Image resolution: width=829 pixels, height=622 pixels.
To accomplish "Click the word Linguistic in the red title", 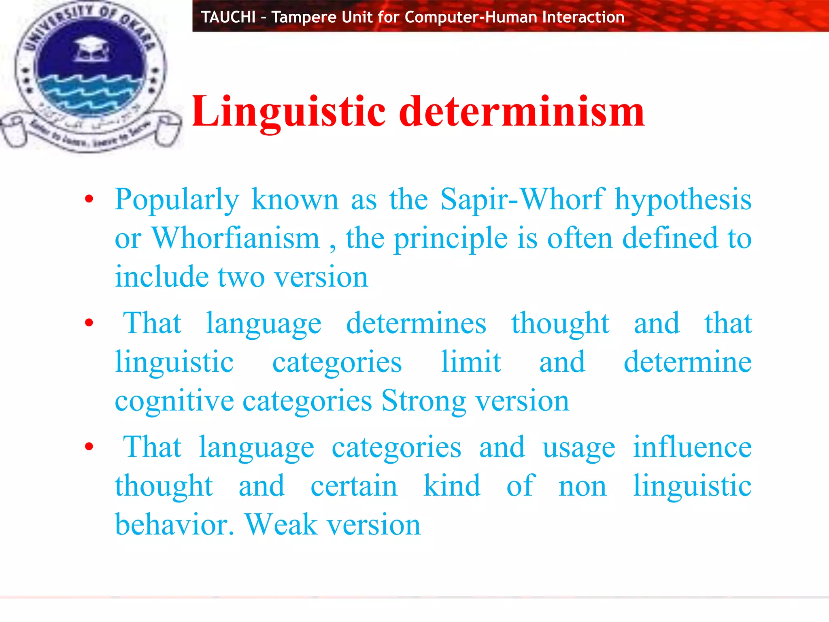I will (289, 112).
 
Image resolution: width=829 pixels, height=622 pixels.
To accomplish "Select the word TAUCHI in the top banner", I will (228, 17).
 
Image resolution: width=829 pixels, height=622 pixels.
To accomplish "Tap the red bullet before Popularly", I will (89, 199).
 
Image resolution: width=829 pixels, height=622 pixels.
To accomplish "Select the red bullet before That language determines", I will (89, 323).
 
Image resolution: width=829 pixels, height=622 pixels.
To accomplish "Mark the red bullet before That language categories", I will (89, 447).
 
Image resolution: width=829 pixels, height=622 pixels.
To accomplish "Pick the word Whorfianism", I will (236, 238).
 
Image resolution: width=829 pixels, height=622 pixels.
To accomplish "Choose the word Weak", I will (281, 524).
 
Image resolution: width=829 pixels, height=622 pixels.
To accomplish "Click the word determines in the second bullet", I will (416, 324).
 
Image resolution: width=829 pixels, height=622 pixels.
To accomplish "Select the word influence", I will (692, 447).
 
